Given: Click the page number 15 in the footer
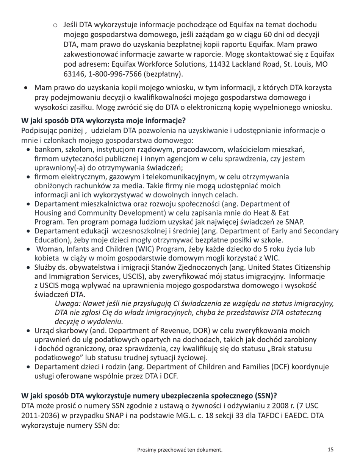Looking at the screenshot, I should point(330,450).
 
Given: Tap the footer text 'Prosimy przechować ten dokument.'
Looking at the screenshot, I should point(180,450).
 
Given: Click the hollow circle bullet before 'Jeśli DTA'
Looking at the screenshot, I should point(55,25).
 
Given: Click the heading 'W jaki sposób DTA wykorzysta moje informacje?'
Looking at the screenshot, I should point(103,121).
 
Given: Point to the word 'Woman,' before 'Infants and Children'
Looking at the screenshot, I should point(50,249).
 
